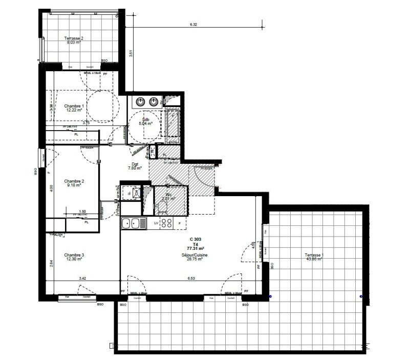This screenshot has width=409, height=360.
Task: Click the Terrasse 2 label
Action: pyautogui.click(x=74, y=38)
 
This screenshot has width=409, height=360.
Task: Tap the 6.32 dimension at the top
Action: pyautogui.click(x=193, y=24)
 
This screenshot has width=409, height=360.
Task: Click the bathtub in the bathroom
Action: pyautogui.click(x=173, y=124)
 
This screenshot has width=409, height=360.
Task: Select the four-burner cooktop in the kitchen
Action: pyautogui.click(x=167, y=223)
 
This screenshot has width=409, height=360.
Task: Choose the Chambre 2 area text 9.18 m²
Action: pyautogui.click(x=75, y=185)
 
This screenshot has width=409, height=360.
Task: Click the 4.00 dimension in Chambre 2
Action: pyautogui.click(x=50, y=187)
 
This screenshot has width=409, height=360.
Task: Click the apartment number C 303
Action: pyautogui.click(x=196, y=239)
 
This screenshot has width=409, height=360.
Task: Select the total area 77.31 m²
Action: pyautogui.click(x=196, y=249)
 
